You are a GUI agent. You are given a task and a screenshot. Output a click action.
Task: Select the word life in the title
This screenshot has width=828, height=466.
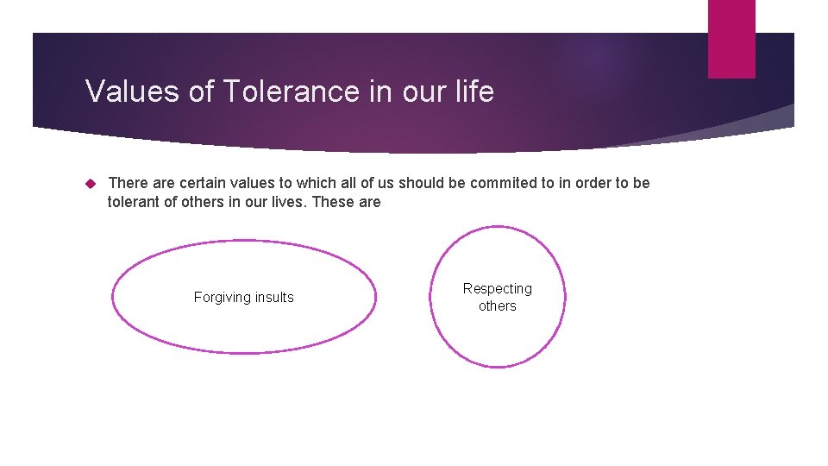pyautogui.click(x=474, y=91)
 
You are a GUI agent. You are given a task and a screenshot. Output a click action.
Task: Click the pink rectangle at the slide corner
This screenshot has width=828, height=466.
pyautogui.click(x=731, y=39)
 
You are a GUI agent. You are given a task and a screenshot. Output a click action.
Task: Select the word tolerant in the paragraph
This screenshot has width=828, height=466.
pyautogui.click(x=135, y=203)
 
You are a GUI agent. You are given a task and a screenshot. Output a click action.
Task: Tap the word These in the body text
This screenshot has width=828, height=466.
pyautogui.click(x=330, y=203)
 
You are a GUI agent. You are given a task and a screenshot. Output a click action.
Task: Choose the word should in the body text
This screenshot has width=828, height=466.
pyautogui.click(x=420, y=184)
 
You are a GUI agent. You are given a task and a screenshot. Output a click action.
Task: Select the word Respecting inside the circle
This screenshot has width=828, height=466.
pyautogui.click(x=498, y=289)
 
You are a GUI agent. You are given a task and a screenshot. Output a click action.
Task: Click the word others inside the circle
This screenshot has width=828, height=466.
pyautogui.click(x=498, y=306)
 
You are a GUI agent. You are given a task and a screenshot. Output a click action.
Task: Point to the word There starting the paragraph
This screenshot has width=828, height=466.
pyautogui.click(x=127, y=184)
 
